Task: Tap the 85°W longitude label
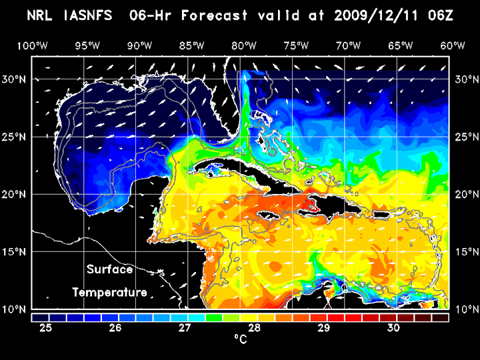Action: [x=192, y=45]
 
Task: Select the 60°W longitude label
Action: [x=453, y=45]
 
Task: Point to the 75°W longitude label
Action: [x=297, y=45]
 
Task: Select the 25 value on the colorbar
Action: [x=47, y=328]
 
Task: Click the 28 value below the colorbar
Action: [x=255, y=328]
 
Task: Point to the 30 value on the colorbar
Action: [x=393, y=328]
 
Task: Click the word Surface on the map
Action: [x=109, y=269]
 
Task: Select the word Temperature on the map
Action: [x=109, y=292]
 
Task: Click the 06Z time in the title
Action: [x=441, y=15]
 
